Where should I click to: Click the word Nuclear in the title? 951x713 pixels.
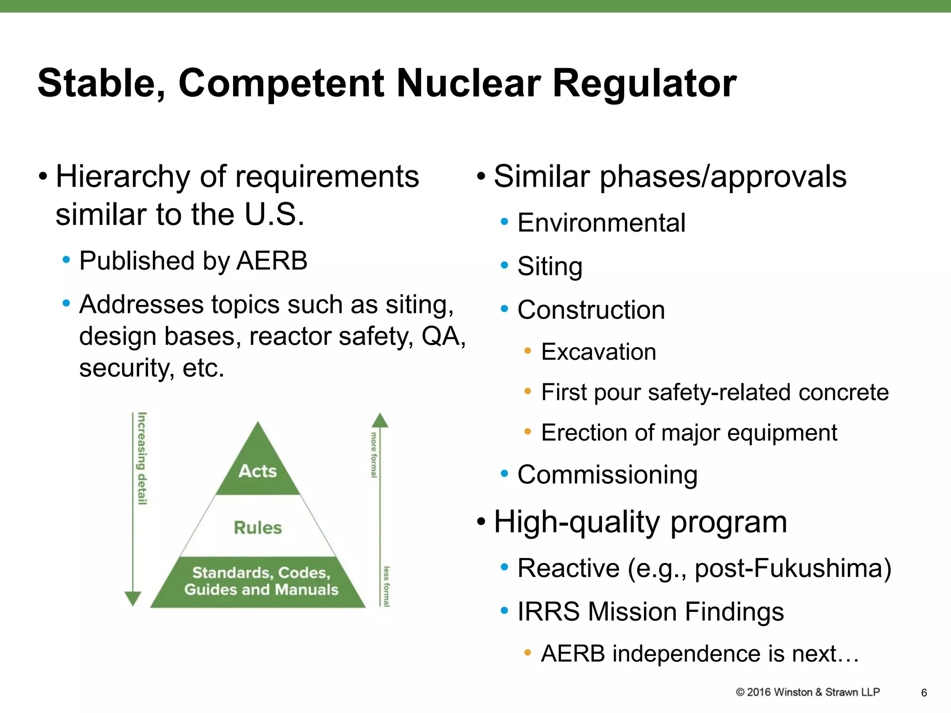tap(469, 84)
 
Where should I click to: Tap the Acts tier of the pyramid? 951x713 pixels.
tap(258, 471)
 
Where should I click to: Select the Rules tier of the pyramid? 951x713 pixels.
tap(258, 528)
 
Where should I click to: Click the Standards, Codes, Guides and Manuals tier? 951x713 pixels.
tap(260, 581)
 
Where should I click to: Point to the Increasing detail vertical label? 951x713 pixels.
tap(142, 458)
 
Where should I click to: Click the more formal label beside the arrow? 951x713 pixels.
tap(374, 455)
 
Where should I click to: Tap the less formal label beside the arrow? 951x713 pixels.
tap(386, 586)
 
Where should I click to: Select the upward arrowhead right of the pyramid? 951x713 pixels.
tap(380, 421)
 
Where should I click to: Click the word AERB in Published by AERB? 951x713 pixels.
tap(272, 261)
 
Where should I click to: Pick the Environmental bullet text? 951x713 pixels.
tap(601, 223)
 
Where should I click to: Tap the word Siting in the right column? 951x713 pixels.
tap(550, 266)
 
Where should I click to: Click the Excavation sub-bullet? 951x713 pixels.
tap(598, 352)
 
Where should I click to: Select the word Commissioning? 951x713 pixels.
tap(607, 475)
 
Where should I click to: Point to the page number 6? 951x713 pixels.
tap(924, 693)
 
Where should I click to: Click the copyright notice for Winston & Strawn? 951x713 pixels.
tap(808, 692)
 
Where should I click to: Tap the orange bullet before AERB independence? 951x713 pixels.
tap(528, 653)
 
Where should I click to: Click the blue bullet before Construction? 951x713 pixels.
tap(505, 309)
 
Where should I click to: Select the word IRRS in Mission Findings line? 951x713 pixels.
tap(548, 611)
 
